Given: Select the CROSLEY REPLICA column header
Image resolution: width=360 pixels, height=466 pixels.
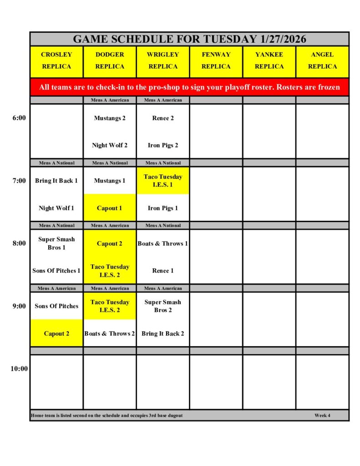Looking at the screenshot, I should coord(56,61).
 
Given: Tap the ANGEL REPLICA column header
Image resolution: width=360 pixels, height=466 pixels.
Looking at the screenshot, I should coord(322,61).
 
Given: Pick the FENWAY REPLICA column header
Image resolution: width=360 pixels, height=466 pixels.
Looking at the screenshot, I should coord(216,61).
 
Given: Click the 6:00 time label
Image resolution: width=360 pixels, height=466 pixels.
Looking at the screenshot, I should coord(19,118).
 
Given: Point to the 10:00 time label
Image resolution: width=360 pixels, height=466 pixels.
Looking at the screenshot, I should coord(19,369).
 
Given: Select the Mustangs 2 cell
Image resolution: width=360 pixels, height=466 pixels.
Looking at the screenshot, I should coord(110,118).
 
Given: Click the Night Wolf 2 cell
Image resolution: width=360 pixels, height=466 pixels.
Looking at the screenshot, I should coord(110,146).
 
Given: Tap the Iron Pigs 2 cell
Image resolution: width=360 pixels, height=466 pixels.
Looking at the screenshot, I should coord(163,146).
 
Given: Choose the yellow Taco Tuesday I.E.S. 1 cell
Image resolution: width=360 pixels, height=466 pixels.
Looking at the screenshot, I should coord(163,181).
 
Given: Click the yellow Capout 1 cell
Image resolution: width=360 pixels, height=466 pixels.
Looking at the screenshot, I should coord(110,208).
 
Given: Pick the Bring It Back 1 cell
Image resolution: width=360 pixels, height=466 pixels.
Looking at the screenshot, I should coord(56,181).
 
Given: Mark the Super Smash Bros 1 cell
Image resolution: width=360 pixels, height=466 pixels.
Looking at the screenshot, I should coord(56,243).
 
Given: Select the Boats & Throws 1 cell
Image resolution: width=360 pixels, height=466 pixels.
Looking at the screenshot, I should coord(163,243).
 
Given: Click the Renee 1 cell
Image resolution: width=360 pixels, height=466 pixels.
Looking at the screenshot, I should coord(163,271).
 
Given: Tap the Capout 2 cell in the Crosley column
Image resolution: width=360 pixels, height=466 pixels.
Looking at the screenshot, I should coord(56,334).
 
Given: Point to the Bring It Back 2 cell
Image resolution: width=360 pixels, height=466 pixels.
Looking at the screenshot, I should coord(163,334).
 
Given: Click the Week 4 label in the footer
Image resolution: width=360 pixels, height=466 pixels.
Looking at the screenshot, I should coord(322,415).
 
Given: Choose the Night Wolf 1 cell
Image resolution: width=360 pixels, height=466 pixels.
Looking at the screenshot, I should coord(56,208).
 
